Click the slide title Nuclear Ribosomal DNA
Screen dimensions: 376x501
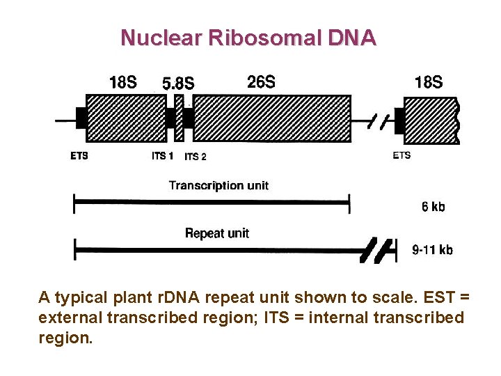(x=248, y=38)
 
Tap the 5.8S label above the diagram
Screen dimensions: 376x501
(x=177, y=84)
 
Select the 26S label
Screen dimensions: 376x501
(x=261, y=82)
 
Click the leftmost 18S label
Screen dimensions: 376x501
(x=123, y=83)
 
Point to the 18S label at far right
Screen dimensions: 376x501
(x=428, y=83)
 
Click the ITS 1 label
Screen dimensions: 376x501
(x=162, y=156)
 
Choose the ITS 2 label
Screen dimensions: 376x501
(x=195, y=157)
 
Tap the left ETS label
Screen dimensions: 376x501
(x=79, y=156)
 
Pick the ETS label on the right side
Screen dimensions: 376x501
(x=401, y=155)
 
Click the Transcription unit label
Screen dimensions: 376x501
(x=218, y=185)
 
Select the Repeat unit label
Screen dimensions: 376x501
(x=216, y=233)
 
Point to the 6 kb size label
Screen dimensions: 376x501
(x=433, y=206)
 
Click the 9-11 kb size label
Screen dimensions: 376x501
(x=432, y=249)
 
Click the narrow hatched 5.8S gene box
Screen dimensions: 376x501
(x=178, y=118)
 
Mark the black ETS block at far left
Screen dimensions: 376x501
(x=80, y=118)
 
